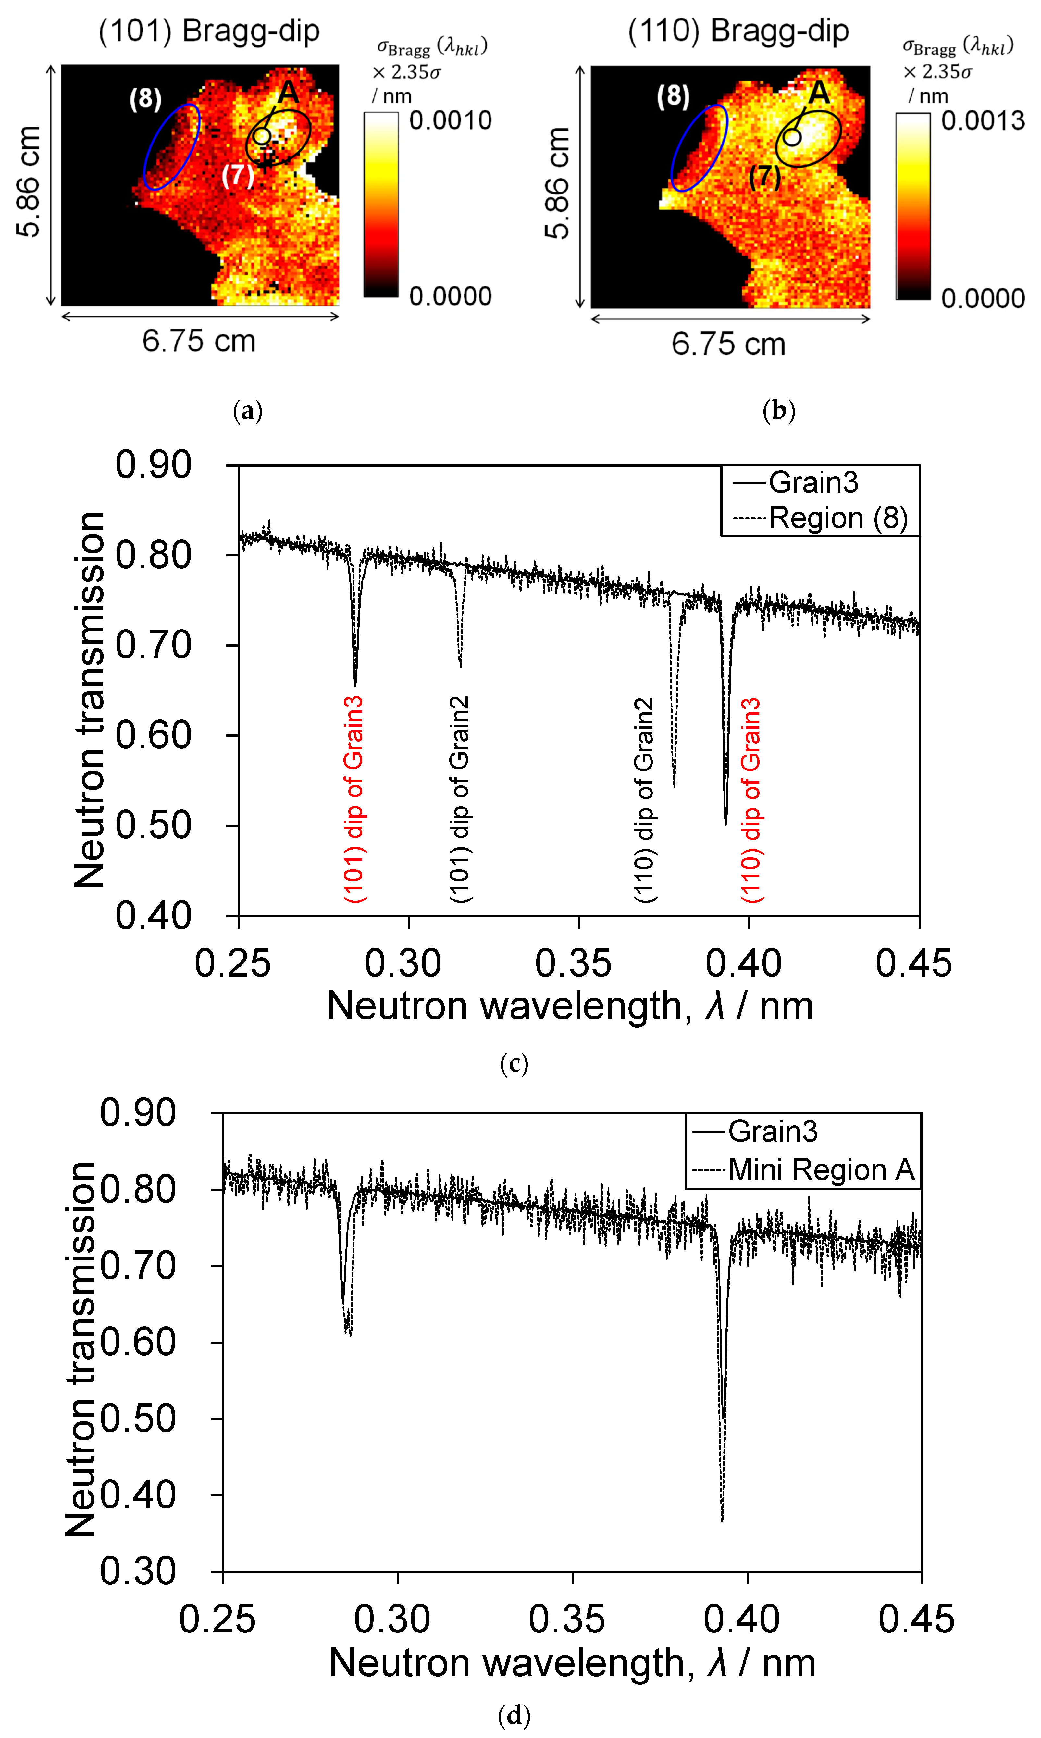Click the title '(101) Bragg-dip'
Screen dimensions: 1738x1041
(209, 31)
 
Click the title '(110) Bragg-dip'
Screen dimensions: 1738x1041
(738, 31)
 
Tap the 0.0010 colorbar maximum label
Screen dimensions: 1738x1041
(450, 121)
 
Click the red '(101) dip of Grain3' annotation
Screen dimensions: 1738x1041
(354, 798)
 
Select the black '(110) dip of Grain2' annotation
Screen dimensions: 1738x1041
(644, 800)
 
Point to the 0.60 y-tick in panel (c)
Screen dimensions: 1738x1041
(153, 735)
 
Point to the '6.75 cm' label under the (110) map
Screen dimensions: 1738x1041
(728, 344)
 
